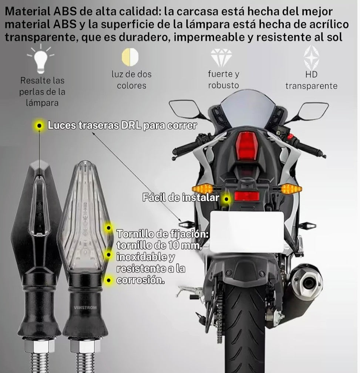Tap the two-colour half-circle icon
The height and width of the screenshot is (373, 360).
[x=130, y=56]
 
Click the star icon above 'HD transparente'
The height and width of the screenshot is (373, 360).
[x=311, y=58]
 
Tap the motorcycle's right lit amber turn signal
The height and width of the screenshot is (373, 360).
[x=291, y=189]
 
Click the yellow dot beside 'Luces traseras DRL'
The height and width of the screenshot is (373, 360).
[x=38, y=125]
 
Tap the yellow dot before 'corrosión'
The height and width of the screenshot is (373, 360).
[x=108, y=280]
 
